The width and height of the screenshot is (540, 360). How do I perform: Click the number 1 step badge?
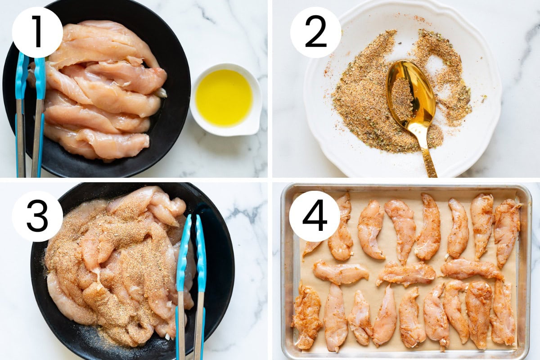tap(37, 32)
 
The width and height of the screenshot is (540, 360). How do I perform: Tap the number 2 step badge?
tap(315, 32)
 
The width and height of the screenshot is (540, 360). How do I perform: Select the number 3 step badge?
tap(37, 216)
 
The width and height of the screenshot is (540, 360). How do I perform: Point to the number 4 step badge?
tap(315, 216)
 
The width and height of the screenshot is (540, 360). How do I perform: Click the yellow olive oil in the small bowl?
tap(224, 98)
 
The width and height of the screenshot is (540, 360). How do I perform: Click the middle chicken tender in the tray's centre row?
tap(406, 274)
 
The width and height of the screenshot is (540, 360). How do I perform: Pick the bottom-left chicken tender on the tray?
tap(307, 316)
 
